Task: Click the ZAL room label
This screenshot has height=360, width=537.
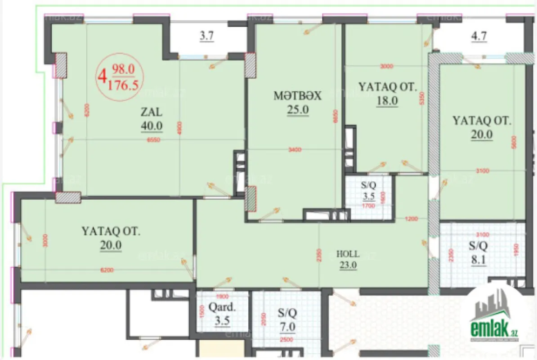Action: click(152, 112)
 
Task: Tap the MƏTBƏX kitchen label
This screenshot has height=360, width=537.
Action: click(298, 96)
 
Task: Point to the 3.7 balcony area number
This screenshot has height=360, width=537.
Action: click(206, 37)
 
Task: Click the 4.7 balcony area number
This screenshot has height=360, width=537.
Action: click(478, 37)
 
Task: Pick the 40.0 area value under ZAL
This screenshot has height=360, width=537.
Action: click(152, 126)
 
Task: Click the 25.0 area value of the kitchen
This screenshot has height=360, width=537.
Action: click(298, 109)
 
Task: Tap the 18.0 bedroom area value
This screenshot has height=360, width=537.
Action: click(388, 101)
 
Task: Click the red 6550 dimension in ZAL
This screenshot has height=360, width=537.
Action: click(154, 139)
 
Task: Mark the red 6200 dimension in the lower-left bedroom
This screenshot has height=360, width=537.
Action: click(107, 270)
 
